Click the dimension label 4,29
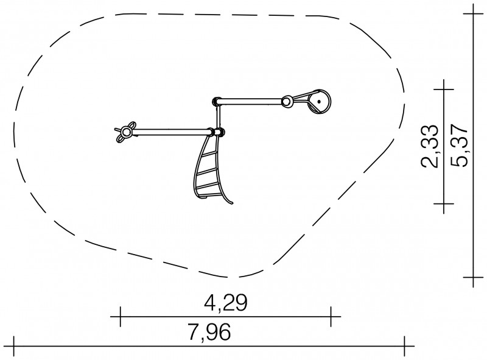225,303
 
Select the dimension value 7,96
209,332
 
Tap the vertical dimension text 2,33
430,146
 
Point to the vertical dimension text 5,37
458,146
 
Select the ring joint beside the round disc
287,101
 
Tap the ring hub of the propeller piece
126,132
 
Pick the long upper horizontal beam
250,101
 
